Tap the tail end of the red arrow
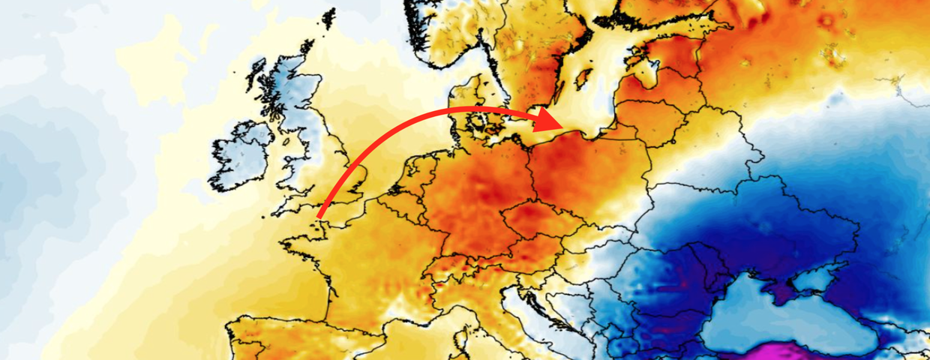point(319,218)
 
